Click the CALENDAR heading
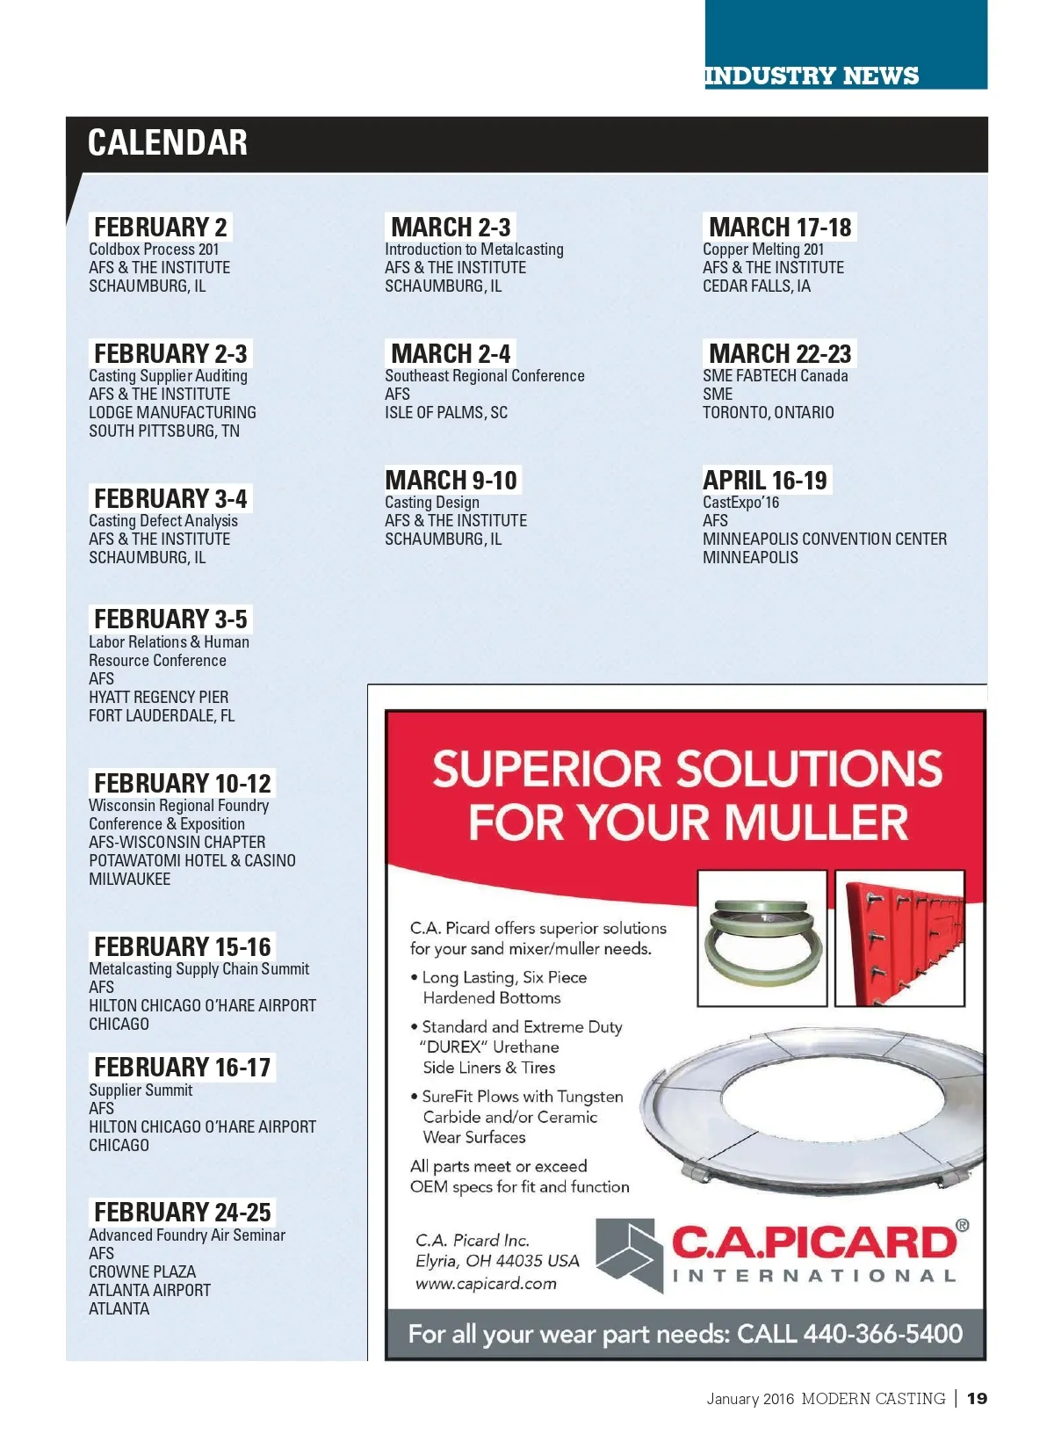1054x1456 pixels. (167, 143)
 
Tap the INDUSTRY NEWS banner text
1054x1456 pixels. (811, 76)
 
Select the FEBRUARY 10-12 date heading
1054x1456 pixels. (183, 783)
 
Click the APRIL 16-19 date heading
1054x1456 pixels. (765, 481)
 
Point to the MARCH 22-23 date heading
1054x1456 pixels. (780, 353)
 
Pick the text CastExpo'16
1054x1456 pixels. (740, 503)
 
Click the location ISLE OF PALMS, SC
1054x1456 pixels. (445, 412)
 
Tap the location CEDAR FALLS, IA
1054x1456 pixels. (756, 286)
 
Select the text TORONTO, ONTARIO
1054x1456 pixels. (768, 412)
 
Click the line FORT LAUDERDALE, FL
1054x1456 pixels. (162, 715)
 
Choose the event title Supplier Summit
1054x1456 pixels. (141, 1090)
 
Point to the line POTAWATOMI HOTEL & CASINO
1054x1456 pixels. (191, 860)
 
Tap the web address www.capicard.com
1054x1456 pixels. (486, 1283)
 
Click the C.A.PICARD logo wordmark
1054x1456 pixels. (814, 1242)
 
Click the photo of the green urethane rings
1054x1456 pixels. (761, 938)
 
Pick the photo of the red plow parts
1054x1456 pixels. (899, 938)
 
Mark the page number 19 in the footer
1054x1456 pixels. (977, 1398)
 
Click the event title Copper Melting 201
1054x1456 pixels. (762, 250)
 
